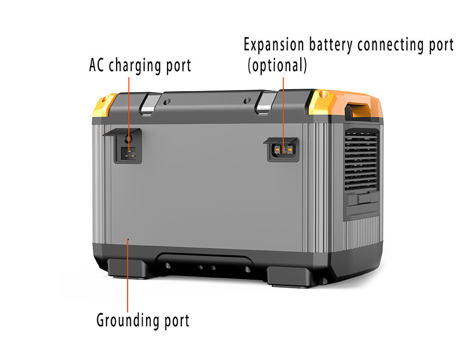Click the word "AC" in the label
pyautogui.click(x=97, y=66)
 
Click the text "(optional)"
pyautogui.click(x=277, y=65)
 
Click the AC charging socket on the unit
pyautogui.click(x=128, y=154)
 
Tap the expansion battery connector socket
pyautogui.click(x=283, y=149)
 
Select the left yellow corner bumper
pyautogui.click(x=105, y=105)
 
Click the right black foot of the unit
pyautogui.click(x=291, y=275)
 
